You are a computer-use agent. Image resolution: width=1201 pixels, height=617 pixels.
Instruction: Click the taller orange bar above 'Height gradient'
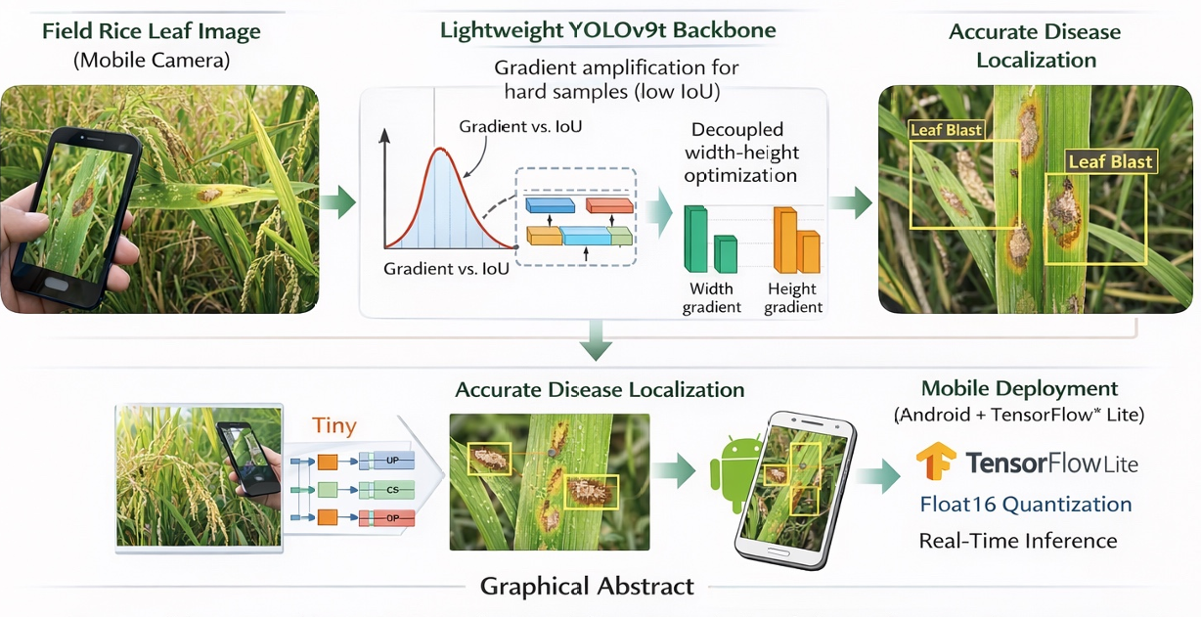(785, 239)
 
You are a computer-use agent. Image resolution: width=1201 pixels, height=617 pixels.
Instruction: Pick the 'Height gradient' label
(792, 298)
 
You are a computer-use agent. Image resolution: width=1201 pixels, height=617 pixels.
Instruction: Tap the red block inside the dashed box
(608, 204)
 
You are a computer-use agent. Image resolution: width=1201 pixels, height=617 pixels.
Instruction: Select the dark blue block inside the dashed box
(552, 204)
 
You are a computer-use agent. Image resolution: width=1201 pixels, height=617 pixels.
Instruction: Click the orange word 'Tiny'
(334, 426)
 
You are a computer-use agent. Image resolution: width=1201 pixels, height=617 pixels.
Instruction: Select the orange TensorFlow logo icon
(936, 463)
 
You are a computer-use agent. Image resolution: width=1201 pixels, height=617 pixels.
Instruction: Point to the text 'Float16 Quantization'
(1026, 505)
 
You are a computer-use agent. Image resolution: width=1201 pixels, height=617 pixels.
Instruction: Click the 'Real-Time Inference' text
(1017, 541)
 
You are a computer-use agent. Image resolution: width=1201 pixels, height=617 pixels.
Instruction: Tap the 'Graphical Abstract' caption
(587, 587)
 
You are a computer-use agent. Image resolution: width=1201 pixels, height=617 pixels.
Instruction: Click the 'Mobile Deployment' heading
(1019, 389)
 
